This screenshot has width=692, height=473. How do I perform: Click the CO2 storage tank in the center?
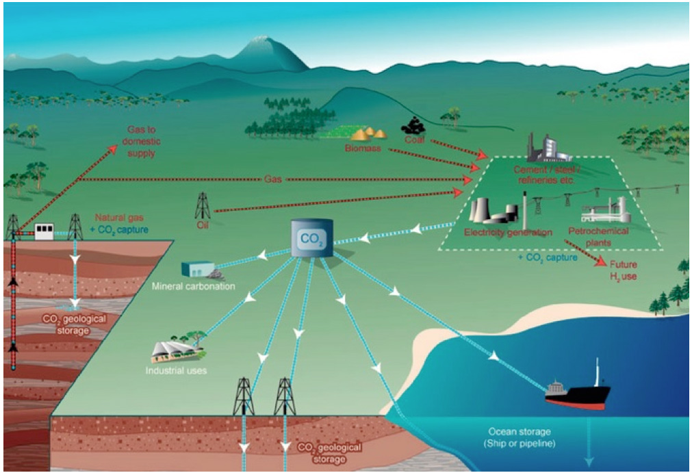click(311, 238)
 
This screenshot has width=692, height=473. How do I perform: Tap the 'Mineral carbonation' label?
click(194, 286)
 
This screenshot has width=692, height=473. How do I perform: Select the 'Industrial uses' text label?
click(176, 371)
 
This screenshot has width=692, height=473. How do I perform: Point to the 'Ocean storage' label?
click(520, 437)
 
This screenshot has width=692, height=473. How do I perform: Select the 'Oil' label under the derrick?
click(201, 223)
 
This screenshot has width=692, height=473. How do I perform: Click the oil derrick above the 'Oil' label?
click(203, 204)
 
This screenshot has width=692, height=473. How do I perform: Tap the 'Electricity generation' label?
click(507, 232)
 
